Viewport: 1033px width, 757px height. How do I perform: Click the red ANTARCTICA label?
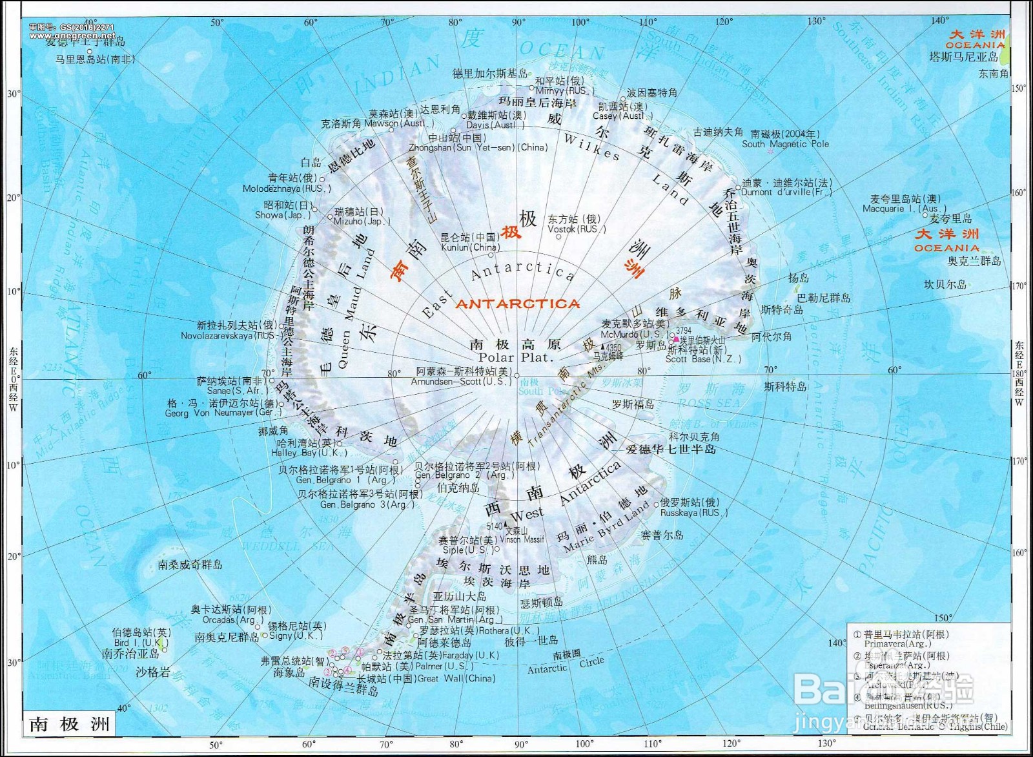518,304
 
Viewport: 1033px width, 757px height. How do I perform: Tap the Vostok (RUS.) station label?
577,229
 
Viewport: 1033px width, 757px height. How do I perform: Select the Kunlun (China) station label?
470,247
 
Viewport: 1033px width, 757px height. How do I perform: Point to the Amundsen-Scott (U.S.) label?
461,382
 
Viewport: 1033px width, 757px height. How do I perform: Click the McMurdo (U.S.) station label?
634,335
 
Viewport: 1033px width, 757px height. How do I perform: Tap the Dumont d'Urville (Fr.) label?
786,192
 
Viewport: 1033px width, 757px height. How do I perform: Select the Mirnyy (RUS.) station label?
560,91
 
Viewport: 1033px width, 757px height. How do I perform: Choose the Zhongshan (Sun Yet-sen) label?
478,147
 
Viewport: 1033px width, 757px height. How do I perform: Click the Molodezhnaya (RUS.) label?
287,189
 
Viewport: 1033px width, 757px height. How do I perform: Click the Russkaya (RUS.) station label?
693,513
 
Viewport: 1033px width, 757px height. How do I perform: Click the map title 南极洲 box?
70,724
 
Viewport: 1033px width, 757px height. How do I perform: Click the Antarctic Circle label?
566,665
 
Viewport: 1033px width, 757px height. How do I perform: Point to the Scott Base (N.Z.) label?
703,359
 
